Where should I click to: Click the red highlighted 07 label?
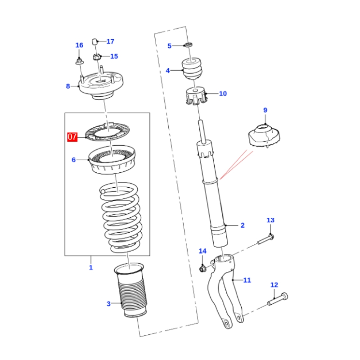[x=72, y=136]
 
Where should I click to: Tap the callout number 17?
[x=110, y=41]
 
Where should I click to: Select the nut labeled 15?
[x=96, y=57]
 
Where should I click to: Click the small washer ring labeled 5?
[x=189, y=45]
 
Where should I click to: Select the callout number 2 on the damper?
[x=242, y=225]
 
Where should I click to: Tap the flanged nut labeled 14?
[x=202, y=269]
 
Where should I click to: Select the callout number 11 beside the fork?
[x=247, y=280]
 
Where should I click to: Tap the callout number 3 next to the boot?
[x=108, y=304]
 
